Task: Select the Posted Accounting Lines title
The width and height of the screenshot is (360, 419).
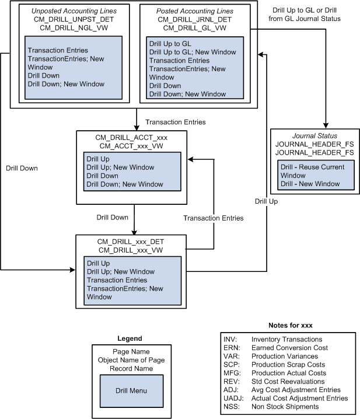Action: (x=194, y=11)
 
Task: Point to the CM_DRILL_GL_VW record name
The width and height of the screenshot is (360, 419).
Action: (x=194, y=27)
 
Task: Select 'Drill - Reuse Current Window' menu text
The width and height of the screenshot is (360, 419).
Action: (x=312, y=171)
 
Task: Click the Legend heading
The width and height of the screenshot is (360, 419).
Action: (x=130, y=338)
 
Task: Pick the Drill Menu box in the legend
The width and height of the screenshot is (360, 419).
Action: (x=130, y=390)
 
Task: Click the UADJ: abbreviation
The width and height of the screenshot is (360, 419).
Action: (x=232, y=398)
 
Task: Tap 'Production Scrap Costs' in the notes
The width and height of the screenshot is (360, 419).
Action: (x=288, y=364)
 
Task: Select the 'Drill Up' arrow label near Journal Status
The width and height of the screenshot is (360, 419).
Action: (x=266, y=201)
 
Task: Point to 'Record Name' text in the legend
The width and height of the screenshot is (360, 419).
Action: (x=130, y=368)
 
